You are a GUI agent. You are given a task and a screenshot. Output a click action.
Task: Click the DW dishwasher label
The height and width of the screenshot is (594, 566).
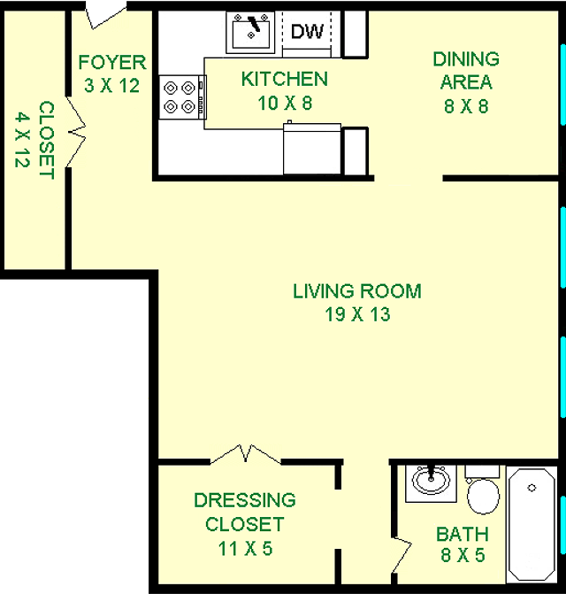[307, 32]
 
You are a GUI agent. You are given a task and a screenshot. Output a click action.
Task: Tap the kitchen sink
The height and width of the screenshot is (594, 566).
[250, 33]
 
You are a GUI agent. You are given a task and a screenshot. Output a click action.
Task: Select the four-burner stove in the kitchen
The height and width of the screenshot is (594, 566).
[182, 97]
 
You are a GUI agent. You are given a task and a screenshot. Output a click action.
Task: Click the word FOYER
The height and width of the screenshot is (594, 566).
[112, 63]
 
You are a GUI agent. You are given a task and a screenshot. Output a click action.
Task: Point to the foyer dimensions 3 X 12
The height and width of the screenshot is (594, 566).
[112, 86]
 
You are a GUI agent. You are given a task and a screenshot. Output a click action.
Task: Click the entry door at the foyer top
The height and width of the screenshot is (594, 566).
[106, 14]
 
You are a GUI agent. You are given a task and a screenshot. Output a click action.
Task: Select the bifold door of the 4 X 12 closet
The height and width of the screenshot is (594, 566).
[76, 132]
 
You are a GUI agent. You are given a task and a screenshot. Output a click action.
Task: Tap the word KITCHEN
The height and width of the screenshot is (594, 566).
[285, 79]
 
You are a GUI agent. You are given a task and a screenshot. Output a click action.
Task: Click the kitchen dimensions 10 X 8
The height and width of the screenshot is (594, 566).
[285, 103]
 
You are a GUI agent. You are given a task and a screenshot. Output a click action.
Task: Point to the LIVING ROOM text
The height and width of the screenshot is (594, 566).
[357, 291]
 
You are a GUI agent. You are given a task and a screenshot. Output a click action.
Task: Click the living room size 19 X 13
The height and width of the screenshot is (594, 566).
[357, 314]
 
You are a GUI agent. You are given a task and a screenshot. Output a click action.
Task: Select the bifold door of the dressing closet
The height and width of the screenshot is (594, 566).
[246, 454]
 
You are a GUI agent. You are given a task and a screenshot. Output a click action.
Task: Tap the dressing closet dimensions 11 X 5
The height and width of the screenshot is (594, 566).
[245, 548]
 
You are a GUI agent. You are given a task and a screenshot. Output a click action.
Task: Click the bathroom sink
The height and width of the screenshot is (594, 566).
[431, 482]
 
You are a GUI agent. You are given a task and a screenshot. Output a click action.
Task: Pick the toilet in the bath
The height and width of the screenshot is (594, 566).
[483, 490]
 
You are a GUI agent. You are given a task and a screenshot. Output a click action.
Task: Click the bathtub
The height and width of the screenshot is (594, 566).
[532, 524]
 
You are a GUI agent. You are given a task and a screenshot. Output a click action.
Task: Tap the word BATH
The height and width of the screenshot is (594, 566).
[463, 534]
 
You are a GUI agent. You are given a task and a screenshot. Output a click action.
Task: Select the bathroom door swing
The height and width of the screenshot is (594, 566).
[401, 555]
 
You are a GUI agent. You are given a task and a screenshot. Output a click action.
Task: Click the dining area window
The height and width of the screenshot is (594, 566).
[563, 84]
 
